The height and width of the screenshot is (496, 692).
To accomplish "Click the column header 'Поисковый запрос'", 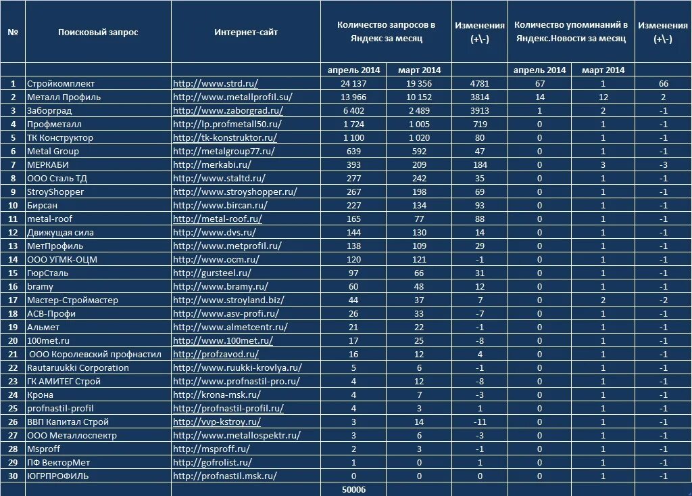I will pos(98,32).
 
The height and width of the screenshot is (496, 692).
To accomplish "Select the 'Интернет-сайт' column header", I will pos(246,32).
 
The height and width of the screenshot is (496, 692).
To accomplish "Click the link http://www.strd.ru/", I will pos(216,84).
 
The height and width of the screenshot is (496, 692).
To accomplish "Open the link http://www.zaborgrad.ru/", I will pos(228,111).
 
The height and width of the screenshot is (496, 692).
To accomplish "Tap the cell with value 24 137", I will pos(353,84).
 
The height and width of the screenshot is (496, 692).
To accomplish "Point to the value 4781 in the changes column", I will pos(479,84).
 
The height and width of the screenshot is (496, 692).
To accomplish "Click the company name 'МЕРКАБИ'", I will pos(48,165).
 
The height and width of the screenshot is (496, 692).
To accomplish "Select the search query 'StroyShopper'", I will pos(55,192).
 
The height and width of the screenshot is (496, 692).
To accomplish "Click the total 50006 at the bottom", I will pos(353,489).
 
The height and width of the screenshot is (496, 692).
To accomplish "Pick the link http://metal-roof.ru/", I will pos(218,219).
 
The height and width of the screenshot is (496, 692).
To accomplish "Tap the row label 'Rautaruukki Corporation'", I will pos(78,368).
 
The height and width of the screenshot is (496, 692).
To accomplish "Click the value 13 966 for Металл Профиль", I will pos(353,97).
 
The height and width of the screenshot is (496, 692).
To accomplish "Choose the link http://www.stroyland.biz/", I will pos(228,300).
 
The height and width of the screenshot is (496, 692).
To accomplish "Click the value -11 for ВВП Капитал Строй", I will pos(479,422).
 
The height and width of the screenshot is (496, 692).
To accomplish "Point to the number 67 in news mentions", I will pos(539,84).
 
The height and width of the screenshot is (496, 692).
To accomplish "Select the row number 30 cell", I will pos(13,476).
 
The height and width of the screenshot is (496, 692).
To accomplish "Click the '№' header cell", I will pos(13,32).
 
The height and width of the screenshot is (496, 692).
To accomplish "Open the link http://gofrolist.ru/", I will pos(213,463).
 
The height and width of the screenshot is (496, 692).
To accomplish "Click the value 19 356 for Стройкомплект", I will pos(419,84).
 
